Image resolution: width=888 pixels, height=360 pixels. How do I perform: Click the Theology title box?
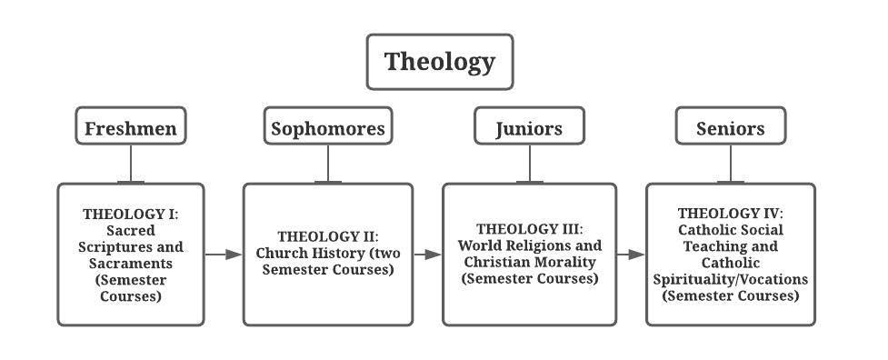tap(439, 62)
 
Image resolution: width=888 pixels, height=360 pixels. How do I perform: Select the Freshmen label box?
tap(130, 128)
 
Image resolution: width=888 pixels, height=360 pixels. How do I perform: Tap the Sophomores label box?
tap(328, 128)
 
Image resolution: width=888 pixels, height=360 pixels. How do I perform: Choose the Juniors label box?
tap(529, 128)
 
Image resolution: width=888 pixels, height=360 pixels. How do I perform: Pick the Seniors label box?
tap(730, 128)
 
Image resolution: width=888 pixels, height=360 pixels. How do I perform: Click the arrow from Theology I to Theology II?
tap(223, 255)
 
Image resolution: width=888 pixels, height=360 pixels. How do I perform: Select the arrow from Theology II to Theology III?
tap(427, 255)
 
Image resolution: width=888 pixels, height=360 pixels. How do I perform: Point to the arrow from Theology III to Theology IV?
tap(631, 255)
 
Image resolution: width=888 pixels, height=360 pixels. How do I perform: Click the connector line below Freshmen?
tap(131, 164)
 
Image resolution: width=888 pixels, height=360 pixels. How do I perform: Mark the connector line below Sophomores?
tap(328, 164)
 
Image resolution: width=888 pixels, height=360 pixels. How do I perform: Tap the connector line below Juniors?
tap(530, 164)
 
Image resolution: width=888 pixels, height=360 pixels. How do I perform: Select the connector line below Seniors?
tap(731, 164)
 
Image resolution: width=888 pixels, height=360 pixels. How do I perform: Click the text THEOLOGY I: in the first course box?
tap(131, 215)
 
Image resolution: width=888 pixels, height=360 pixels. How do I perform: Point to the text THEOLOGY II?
tap(327, 236)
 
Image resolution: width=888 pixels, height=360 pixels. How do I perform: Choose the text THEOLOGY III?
tap(529, 229)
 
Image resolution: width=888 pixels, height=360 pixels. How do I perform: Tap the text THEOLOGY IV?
tap(730, 214)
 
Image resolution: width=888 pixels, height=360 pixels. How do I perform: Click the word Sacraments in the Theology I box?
tap(131, 264)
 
